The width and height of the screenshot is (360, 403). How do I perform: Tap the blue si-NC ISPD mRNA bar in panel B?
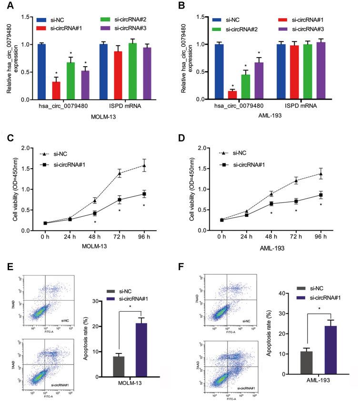[282, 72]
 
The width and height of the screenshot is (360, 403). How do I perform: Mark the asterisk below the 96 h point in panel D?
[320, 205]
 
